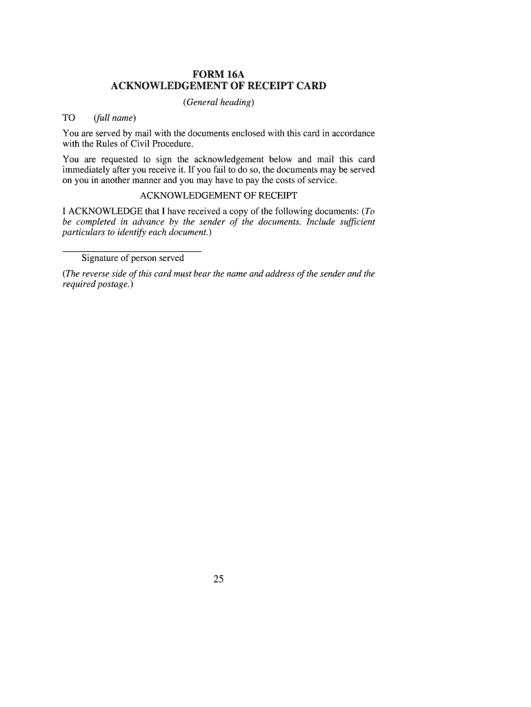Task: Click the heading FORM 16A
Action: coord(219,74)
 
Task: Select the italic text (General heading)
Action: coord(219,103)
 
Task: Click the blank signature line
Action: coord(132,251)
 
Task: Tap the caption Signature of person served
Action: coord(132,258)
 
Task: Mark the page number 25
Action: coord(219,579)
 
